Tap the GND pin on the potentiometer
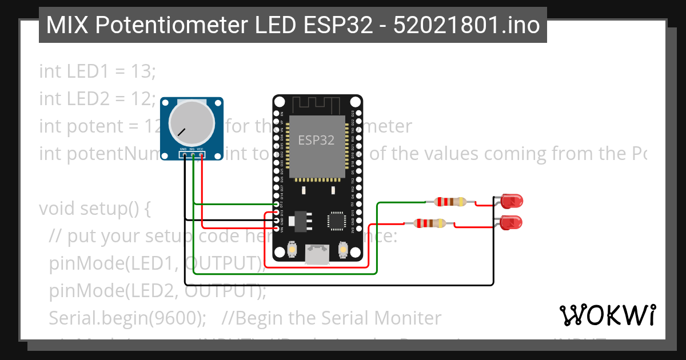(x=184, y=154)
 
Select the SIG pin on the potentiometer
(x=193, y=154)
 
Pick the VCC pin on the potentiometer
(x=202, y=154)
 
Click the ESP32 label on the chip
(x=317, y=139)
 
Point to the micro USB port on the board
(x=317, y=255)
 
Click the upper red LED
(x=511, y=201)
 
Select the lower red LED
(x=510, y=222)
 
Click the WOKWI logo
(x=607, y=315)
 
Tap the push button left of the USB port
(x=293, y=249)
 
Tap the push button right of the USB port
(x=343, y=249)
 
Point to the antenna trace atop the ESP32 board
(x=317, y=105)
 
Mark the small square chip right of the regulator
(x=336, y=221)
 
